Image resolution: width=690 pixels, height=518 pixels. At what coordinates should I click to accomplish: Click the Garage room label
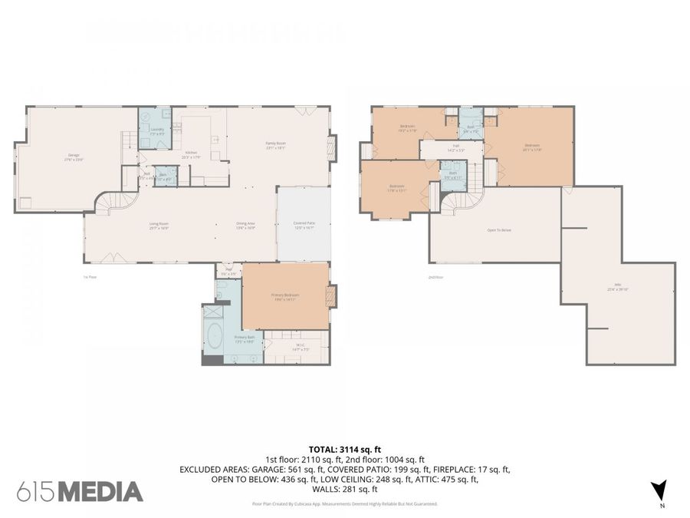click(x=74, y=157)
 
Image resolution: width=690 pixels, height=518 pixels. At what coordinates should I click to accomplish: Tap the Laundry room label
click(x=157, y=130)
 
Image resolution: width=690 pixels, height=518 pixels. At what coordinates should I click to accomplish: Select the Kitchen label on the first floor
click(x=192, y=154)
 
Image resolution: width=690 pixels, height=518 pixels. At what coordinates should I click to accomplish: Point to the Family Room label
click(x=275, y=145)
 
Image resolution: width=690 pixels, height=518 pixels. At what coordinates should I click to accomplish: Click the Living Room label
click(x=159, y=225)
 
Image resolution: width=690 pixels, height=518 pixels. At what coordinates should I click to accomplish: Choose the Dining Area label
click(x=246, y=225)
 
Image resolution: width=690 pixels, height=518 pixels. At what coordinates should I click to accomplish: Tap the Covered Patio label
click(x=304, y=225)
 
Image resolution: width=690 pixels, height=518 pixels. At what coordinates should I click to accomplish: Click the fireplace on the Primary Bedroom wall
click(x=332, y=297)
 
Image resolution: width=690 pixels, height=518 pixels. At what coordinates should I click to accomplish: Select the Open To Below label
click(x=498, y=230)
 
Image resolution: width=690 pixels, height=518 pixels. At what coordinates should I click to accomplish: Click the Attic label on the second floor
click(x=617, y=290)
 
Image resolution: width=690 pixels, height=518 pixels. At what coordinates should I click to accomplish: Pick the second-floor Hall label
click(x=455, y=150)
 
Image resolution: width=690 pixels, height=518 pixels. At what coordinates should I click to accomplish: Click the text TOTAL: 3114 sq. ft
click(x=345, y=450)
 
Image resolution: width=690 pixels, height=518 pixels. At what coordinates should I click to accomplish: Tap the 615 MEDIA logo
click(x=80, y=491)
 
